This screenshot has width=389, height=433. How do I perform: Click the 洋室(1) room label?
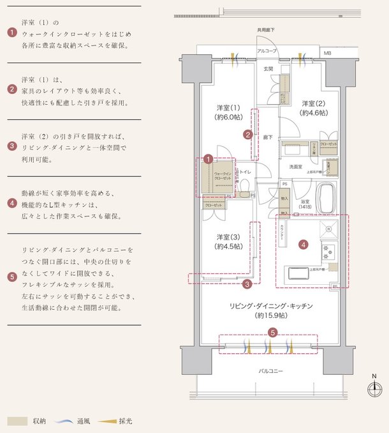tap(227, 107)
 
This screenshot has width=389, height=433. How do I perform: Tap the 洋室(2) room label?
tap(314, 103)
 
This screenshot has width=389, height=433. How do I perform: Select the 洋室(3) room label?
tap(227, 236)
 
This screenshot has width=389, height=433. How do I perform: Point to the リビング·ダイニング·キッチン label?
tap(271, 307)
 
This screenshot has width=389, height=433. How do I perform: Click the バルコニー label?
tap(271, 371)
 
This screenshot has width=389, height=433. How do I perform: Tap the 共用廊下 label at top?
tap(266, 29)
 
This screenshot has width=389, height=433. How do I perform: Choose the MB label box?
tap(327, 53)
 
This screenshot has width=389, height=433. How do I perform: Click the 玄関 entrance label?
tap(268, 68)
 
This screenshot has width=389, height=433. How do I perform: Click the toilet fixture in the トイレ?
tap(242, 186)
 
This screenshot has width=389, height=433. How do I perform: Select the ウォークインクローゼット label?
tap(223, 176)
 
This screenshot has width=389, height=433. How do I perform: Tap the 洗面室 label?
tap(295, 167)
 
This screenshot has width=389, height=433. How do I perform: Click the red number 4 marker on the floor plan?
tap(304, 244)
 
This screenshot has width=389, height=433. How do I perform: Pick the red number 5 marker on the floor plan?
tap(272, 332)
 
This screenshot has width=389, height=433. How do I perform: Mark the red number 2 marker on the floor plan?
tap(247, 134)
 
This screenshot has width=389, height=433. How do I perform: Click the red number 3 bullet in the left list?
tap(11, 146)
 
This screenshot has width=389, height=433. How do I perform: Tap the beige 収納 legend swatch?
tap(17, 421)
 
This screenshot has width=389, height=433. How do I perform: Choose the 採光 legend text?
tap(126, 421)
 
